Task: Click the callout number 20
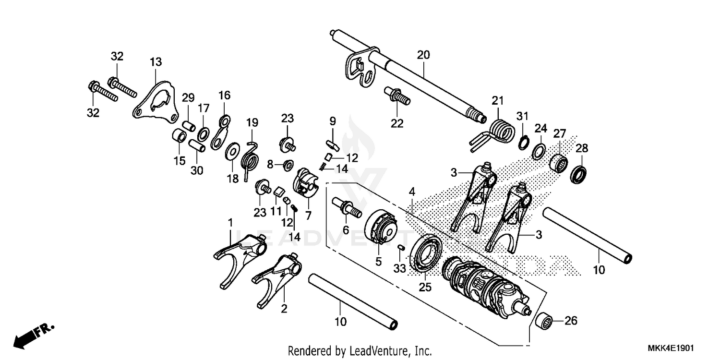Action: pyautogui.click(x=423, y=55)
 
